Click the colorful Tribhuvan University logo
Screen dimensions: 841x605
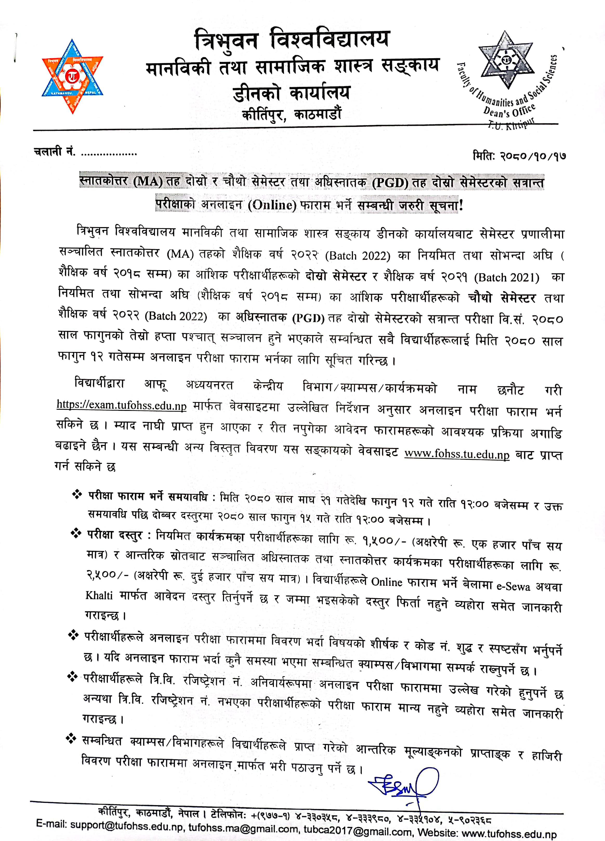73,76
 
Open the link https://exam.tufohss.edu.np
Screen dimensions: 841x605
121,405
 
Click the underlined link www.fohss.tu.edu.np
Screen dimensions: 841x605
457,454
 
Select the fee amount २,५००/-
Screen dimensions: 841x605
108,575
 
